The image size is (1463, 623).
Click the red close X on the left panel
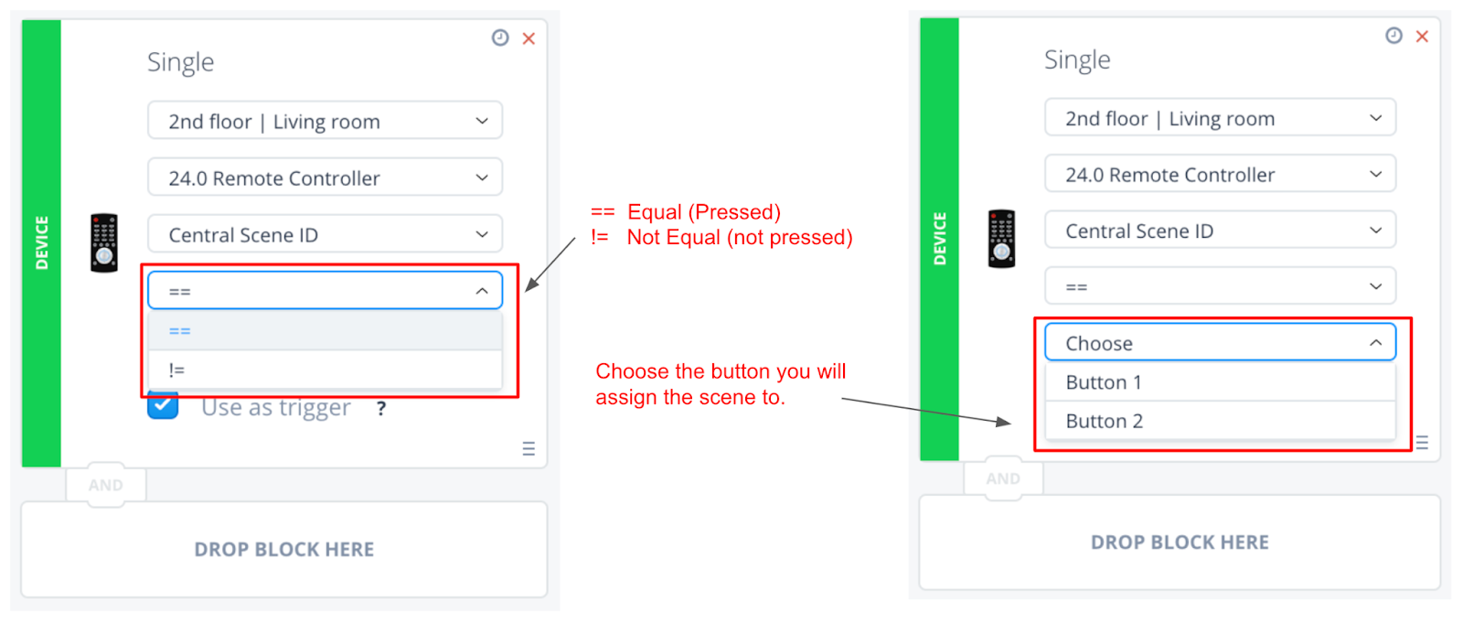point(529,38)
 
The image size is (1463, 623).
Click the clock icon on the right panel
point(1394,36)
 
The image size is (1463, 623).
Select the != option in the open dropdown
point(325,370)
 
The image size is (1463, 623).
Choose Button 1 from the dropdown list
point(1220,382)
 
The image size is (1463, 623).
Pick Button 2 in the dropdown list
point(1220,421)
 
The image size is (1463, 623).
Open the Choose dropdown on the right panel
point(1220,342)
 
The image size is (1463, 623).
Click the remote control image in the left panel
point(104,242)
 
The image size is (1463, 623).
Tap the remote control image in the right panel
point(1001,239)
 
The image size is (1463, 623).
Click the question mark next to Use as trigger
point(381,409)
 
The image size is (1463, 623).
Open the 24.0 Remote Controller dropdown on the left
point(325,177)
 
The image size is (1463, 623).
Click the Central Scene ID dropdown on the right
point(1220,231)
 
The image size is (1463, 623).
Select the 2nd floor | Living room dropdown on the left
point(325,120)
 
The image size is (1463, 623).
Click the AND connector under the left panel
point(106,485)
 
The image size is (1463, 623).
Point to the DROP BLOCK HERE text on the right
point(1180,542)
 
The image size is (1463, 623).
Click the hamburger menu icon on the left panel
point(529,448)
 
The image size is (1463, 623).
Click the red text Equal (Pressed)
point(704,212)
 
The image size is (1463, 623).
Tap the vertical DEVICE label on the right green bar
point(940,239)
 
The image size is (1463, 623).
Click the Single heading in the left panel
point(180,62)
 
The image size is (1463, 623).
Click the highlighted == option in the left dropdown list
point(325,331)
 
